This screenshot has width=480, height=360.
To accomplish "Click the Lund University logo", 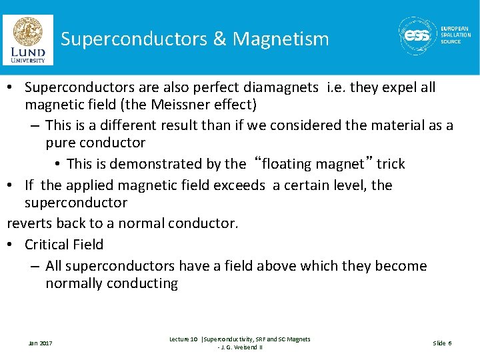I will [x=28, y=39].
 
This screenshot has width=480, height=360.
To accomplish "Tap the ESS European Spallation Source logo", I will [x=435, y=36].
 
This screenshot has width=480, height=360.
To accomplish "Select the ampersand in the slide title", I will [x=219, y=39].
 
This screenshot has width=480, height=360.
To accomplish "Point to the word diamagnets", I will [x=279, y=87].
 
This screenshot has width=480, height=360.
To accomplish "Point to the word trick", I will [x=391, y=163].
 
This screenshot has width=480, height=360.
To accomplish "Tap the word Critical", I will [x=49, y=245].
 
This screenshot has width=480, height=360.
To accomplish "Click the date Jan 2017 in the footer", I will [x=40, y=343].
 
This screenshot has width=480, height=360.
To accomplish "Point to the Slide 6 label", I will [x=442, y=343].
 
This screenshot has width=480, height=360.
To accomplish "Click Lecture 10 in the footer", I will [x=183, y=339].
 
